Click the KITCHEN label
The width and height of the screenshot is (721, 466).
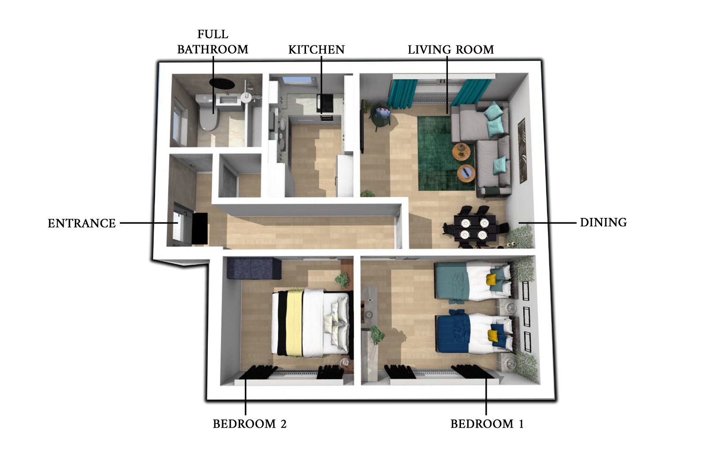(316, 50)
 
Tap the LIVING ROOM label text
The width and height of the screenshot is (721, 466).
(451, 50)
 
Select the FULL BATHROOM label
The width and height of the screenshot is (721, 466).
(213, 42)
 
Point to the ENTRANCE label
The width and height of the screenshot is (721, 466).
(82, 223)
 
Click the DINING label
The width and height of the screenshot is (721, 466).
(603, 222)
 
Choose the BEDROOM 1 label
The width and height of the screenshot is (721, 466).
(487, 424)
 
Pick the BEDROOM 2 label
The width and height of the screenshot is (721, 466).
(250, 424)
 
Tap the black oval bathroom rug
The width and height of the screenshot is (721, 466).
(222, 83)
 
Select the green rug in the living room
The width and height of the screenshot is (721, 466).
(446, 153)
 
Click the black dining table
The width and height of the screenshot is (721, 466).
(475, 229)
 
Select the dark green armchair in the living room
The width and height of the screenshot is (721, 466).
(381, 116)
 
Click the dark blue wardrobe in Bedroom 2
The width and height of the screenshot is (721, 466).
(254, 268)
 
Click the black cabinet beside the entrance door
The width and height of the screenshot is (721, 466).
(200, 229)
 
